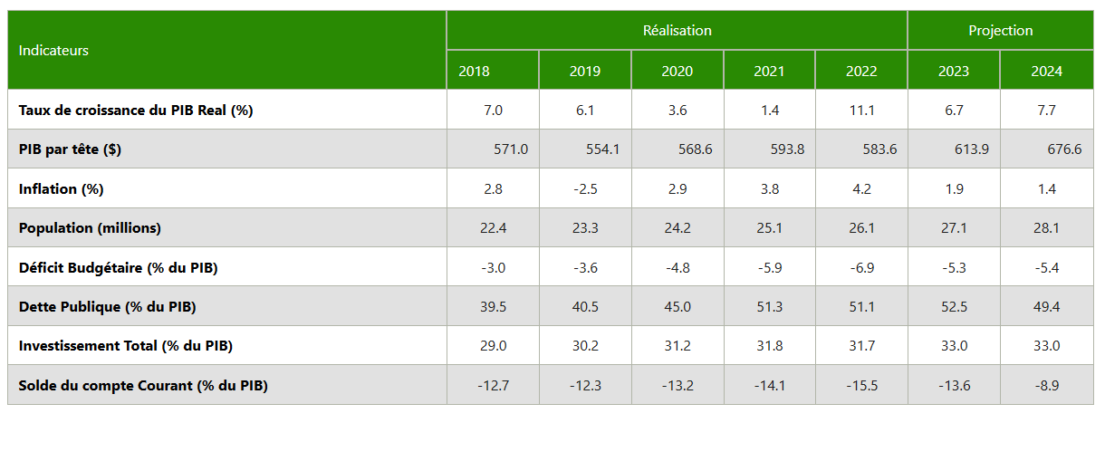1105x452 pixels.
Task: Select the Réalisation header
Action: pos(677,31)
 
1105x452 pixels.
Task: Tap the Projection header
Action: pos(1001,31)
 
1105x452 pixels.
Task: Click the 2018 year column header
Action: pos(474,71)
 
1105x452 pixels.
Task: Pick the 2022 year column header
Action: pos(861,71)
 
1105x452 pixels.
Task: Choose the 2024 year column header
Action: pos(1046,71)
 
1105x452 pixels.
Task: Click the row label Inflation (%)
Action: pos(62,189)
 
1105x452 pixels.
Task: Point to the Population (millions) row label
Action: pos(90,228)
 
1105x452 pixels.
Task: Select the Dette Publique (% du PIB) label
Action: pos(107,307)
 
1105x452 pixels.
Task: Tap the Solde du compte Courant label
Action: pos(143,385)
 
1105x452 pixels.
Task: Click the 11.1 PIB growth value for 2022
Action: pos(861,110)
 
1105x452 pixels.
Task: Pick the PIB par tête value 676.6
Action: pos(1064,149)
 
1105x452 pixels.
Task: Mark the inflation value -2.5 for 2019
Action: pos(585,189)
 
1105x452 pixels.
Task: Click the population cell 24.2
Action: pos(677,228)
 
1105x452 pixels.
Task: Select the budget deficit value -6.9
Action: pos(861,267)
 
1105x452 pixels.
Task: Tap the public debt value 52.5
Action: pos(954,307)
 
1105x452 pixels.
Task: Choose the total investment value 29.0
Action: pos(493,346)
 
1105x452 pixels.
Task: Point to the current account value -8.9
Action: pos(1046,385)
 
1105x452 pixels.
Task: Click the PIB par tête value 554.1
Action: pos(602,149)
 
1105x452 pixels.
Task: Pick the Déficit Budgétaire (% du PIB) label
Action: pos(118,268)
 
